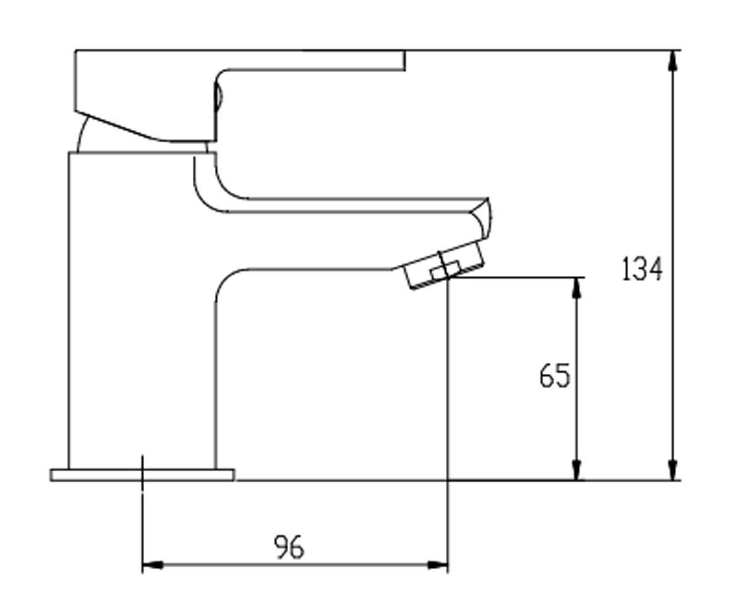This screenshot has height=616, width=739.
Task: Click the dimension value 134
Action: (x=641, y=269)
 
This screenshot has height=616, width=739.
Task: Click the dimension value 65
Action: (x=555, y=376)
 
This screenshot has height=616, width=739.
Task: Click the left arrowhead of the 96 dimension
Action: (x=153, y=565)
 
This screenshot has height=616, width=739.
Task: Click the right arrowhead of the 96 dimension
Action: (x=437, y=565)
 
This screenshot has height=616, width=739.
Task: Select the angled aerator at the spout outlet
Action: (x=444, y=265)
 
